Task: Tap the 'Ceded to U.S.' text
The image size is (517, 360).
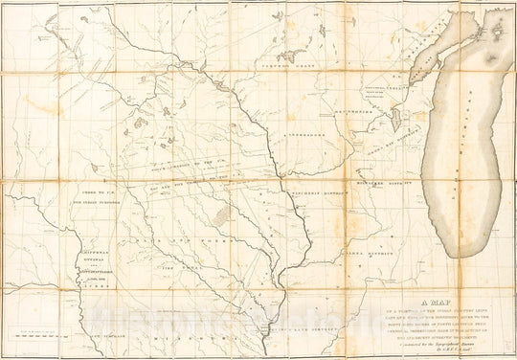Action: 92,194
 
